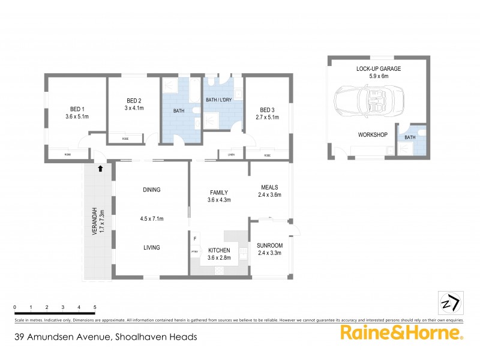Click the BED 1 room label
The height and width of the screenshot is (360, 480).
[76, 109]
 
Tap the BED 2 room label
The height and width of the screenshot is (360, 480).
[134, 100]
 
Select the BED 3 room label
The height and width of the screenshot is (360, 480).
[267, 109]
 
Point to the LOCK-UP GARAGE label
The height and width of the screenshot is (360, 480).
[379, 69]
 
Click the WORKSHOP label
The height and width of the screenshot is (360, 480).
[373, 134]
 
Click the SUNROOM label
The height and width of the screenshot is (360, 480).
[269, 245]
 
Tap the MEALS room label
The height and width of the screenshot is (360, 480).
[269, 187]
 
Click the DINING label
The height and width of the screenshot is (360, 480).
[151, 190]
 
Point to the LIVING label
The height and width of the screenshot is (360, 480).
[151, 247]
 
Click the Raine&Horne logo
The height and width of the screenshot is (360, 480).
[401, 334]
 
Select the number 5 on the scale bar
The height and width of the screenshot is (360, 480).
[95, 307]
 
